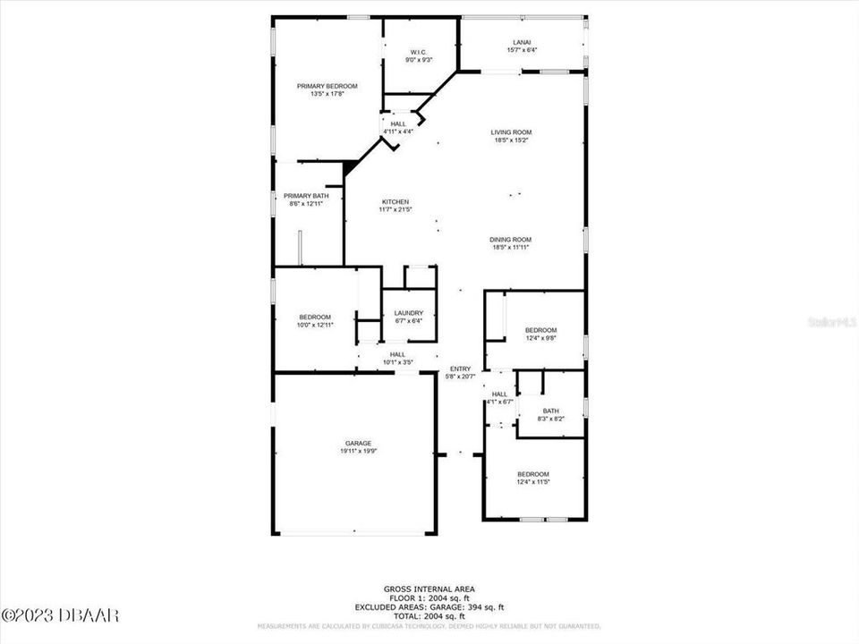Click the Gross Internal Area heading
[429, 589]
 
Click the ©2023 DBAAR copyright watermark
[60, 615]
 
